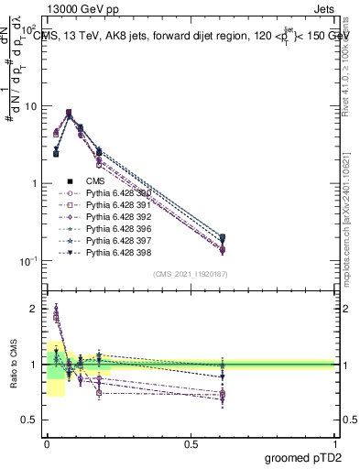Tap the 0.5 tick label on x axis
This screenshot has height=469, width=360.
[x=191, y=443]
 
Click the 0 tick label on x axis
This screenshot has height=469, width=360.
[x=47, y=443]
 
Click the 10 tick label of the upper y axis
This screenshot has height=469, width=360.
[x=31, y=106]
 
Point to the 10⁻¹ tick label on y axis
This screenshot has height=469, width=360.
[x=28, y=261]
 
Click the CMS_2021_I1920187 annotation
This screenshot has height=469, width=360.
[x=190, y=274]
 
